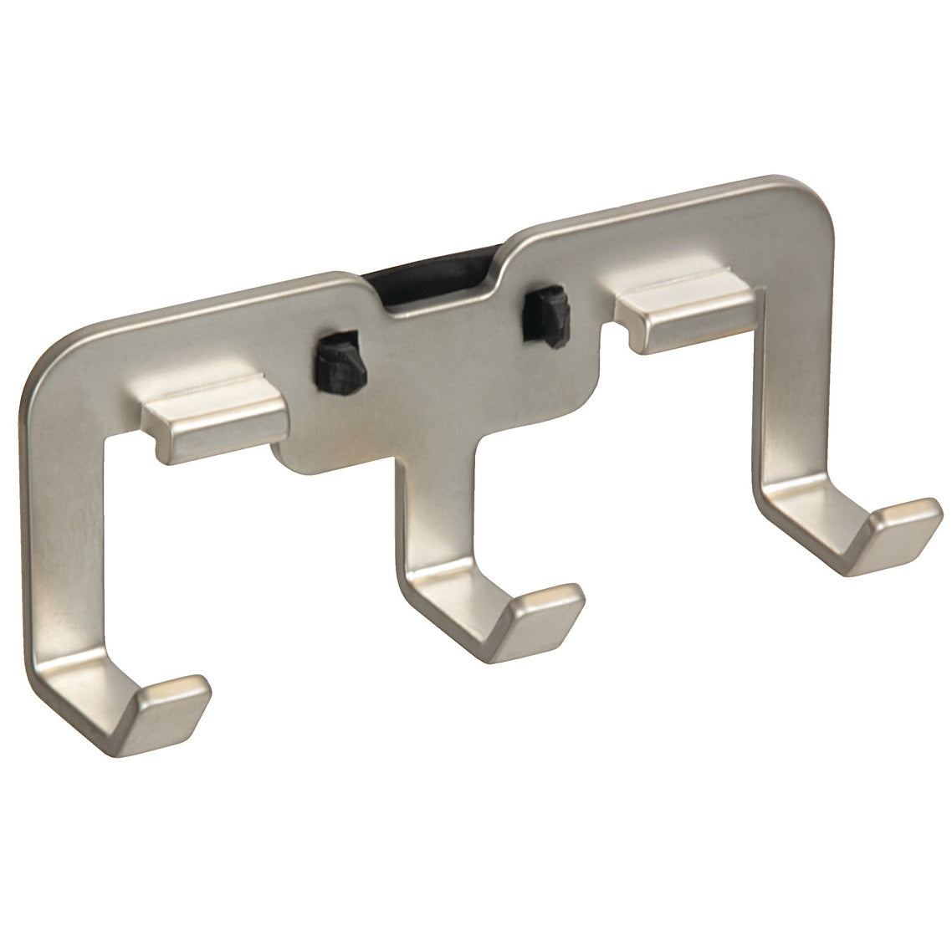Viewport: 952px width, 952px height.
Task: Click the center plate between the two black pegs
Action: [x=435, y=368]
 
